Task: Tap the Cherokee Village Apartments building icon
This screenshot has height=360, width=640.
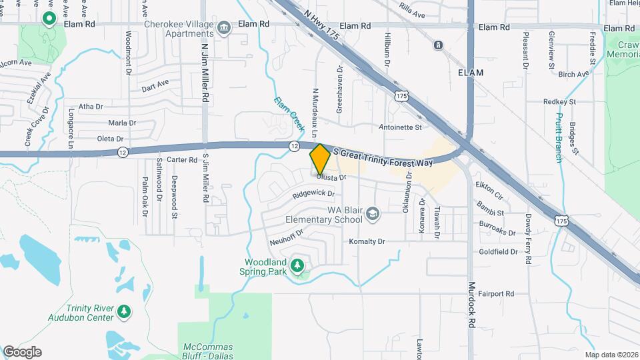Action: tap(224, 27)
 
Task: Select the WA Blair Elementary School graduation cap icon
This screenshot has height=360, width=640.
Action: tap(373, 213)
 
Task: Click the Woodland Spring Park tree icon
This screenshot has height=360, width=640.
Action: tap(297, 266)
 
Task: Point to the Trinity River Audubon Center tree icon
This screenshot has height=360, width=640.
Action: tap(123, 311)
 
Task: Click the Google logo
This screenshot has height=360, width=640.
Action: tap(22, 352)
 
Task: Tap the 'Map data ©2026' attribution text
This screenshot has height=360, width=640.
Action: tap(611, 355)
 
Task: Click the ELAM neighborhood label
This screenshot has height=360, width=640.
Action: tap(470, 72)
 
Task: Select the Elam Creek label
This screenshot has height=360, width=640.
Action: tap(289, 113)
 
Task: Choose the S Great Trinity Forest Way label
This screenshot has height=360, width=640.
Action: tap(387, 158)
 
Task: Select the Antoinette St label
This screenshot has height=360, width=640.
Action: tap(401, 127)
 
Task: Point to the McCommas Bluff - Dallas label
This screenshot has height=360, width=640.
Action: tap(208, 351)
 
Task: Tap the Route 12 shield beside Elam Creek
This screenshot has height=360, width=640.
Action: tap(294, 145)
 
